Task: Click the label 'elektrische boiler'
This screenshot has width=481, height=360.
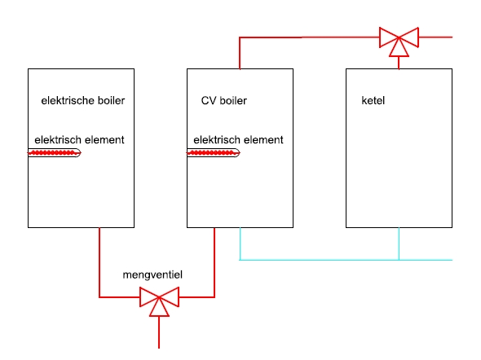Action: pyautogui.click(x=83, y=100)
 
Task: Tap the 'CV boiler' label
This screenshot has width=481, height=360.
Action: pyautogui.click(x=224, y=100)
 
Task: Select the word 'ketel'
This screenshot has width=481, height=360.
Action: pyautogui.click(x=373, y=100)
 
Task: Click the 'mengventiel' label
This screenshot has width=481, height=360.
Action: pyautogui.click(x=152, y=274)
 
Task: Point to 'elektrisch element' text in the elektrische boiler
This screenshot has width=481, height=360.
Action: pyautogui.click(x=79, y=140)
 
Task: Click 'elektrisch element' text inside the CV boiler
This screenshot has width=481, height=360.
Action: pyautogui.click(x=238, y=140)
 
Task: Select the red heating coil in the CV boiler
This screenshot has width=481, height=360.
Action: pyautogui.click(x=213, y=152)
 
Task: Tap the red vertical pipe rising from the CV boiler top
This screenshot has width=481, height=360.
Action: pyautogui.click(x=240, y=53)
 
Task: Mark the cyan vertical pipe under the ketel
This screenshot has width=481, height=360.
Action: pyautogui.click(x=399, y=244)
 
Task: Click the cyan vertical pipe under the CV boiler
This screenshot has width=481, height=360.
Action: pyautogui.click(x=240, y=244)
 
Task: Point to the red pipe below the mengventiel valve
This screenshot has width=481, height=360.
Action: pyautogui.click(x=159, y=332)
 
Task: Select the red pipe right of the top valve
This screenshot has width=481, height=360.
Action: pyautogui.click(x=435, y=37)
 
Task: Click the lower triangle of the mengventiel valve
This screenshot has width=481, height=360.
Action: pyautogui.click(x=159, y=310)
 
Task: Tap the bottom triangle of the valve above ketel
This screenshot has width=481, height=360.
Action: pyautogui.click(x=399, y=50)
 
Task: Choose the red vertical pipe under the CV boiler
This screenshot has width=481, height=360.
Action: pyautogui.click(x=214, y=262)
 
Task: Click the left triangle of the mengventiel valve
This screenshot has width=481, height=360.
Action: pyautogui.click(x=148, y=297)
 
